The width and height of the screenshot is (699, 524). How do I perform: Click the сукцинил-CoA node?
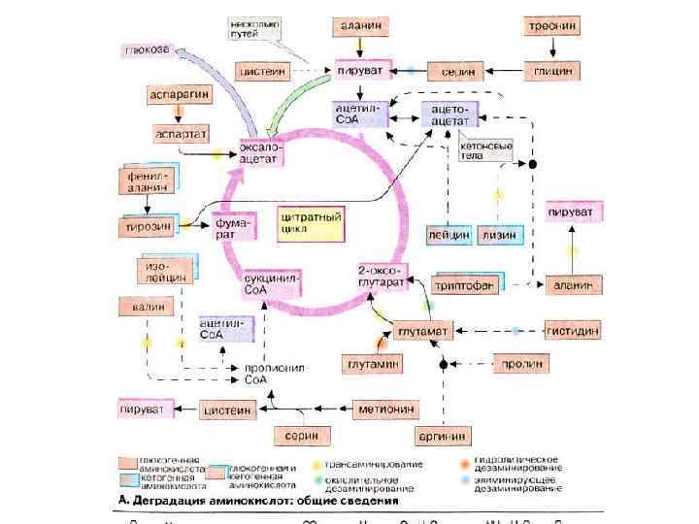(272, 283)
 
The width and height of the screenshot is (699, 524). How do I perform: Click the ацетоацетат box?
(449, 115)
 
